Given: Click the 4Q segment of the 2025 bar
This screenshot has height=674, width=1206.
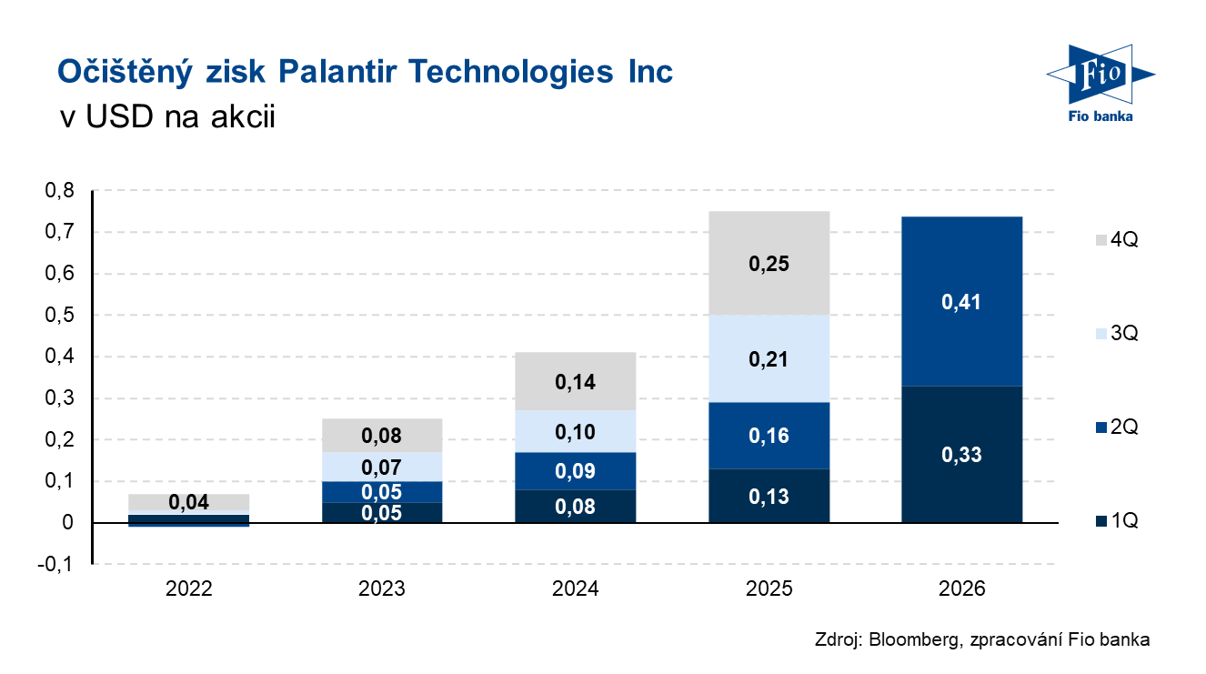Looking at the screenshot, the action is click(x=769, y=263).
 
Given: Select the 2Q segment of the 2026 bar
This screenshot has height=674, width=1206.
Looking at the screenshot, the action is click(x=961, y=301).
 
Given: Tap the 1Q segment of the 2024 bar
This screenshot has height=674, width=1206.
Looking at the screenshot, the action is click(x=575, y=506).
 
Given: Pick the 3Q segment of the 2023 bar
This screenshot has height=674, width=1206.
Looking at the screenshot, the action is click(x=382, y=467).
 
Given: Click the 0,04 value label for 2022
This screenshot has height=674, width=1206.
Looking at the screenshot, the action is click(x=188, y=502).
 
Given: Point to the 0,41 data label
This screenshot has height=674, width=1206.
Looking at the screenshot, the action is click(x=961, y=302).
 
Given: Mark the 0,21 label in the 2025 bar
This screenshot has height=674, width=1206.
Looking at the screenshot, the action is click(x=769, y=359).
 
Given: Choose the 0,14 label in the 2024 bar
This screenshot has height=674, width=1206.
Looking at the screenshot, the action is click(x=575, y=382).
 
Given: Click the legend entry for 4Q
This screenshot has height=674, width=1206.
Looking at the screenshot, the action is click(x=1117, y=239).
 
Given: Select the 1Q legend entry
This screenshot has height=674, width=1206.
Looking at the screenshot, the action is click(x=1117, y=520).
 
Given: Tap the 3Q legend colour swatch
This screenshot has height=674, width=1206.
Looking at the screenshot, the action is click(x=1101, y=334).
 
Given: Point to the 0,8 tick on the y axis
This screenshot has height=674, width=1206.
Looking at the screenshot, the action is click(x=59, y=190).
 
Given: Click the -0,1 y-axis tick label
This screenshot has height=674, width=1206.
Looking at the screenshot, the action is click(x=55, y=564).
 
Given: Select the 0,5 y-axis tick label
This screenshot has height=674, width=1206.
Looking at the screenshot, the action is click(x=59, y=315).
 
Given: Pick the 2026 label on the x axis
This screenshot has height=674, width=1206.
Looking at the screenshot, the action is click(x=961, y=588).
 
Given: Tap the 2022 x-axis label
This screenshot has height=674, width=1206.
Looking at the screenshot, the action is click(x=188, y=588).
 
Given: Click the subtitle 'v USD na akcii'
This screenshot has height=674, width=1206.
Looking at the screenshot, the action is click(x=167, y=116).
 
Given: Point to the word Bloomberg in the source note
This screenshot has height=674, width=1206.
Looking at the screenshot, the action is click(x=914, y=639).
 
